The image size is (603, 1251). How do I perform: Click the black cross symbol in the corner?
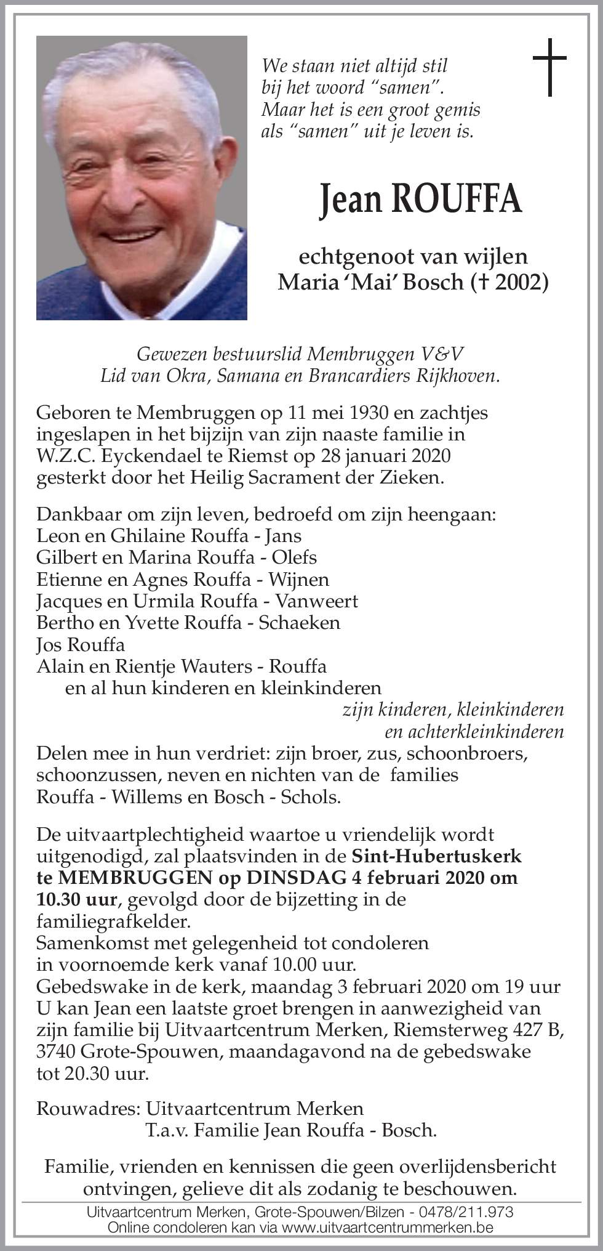click(x=549, y=68)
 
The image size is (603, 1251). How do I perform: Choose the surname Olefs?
click(x=296, y=557)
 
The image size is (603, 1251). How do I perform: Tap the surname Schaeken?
click(x=299, y=622)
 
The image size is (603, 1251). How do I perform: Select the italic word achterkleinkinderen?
click(x=474, y=731)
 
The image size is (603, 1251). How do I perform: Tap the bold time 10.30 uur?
click(x=76, y=899)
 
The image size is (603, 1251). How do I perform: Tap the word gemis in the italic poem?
click(x=456, y=110)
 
